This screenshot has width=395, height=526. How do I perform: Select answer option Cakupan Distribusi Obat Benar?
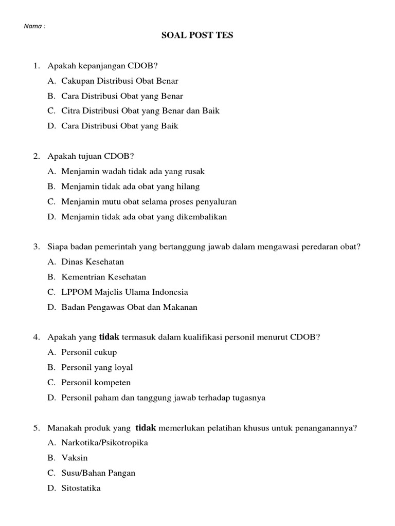click(119, 81)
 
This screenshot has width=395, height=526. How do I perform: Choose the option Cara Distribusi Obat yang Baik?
click(119, 126)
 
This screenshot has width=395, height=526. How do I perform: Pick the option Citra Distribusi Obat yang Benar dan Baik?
click(140, 111)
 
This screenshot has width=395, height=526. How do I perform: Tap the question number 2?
click(37, 156)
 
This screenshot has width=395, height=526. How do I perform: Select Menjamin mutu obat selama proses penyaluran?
click(149, 201)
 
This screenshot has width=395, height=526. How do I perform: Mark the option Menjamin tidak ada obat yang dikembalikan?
click(143, 217)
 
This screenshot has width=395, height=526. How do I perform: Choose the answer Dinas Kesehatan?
click(93, 262)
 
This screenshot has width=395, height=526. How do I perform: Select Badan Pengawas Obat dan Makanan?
click(129, 307)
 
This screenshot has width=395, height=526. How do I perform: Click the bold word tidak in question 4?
click(109, 337)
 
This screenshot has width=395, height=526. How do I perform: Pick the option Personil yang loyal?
click(97, 367)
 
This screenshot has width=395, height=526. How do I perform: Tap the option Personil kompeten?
click(96, 383)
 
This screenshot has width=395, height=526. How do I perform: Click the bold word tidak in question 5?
click(145, 428)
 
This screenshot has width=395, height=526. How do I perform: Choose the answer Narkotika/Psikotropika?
click(104, 443)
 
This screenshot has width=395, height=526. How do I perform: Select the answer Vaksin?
click(75, 458)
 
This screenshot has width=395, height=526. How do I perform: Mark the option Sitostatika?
click(81, 488)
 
